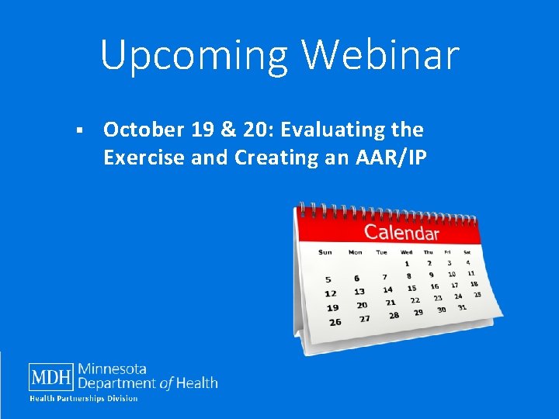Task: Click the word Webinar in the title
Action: click(380, 54)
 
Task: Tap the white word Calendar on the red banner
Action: click(401, 232)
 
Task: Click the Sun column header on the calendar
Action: click(325, 251)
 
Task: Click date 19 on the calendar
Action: click(332, 307)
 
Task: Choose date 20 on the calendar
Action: click(361, 305)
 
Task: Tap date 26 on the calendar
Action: click(335, 322)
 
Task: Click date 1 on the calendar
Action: click(406, 264)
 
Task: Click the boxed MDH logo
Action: click(51, 377)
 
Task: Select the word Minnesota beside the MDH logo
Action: click(113, 369)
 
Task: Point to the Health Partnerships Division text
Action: click(84, 399)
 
